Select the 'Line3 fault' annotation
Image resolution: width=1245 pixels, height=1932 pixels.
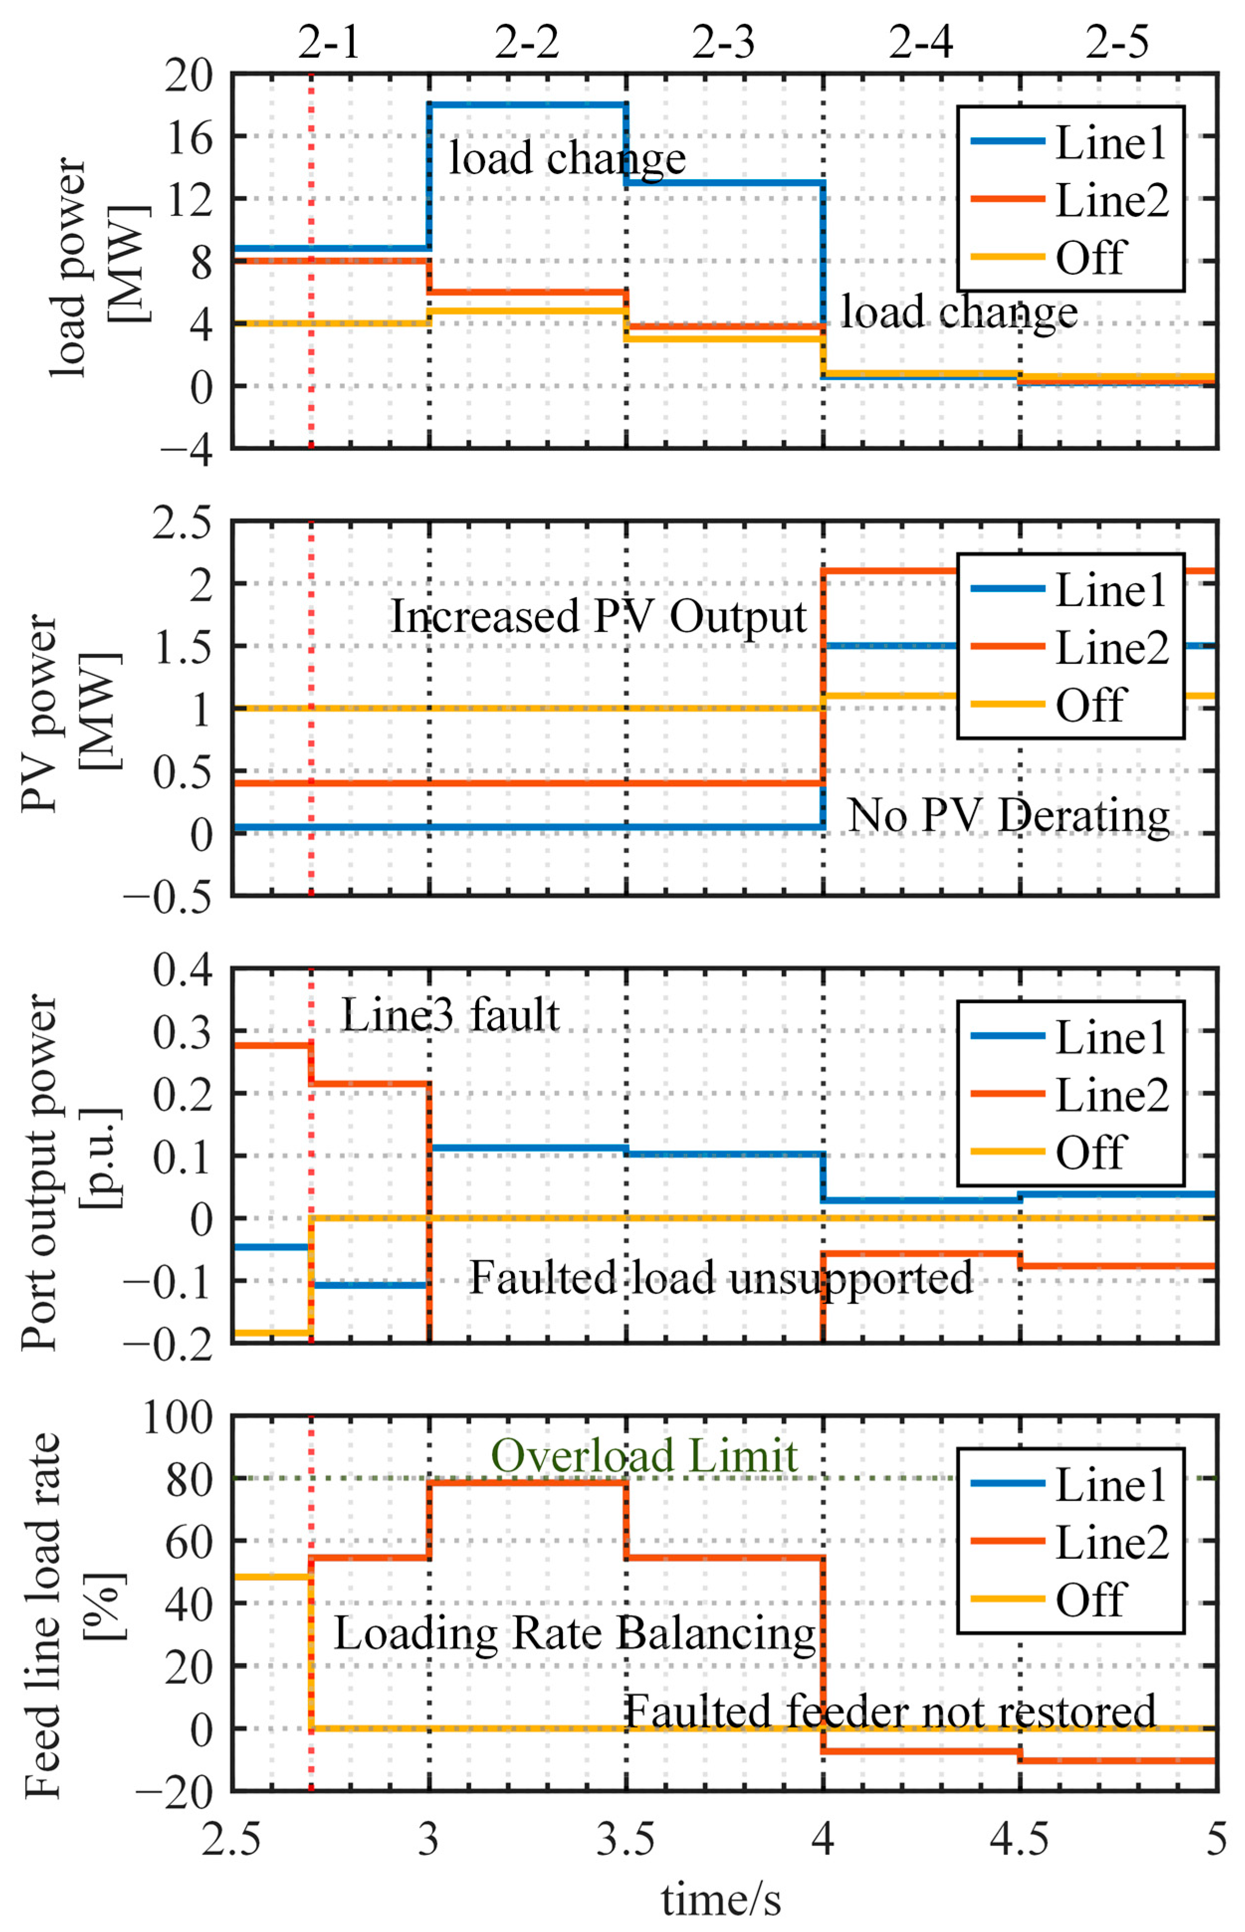(450, 1016)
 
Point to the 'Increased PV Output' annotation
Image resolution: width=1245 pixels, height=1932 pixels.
(598, 617)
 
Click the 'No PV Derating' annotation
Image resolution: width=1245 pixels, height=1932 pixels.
(1008, 815)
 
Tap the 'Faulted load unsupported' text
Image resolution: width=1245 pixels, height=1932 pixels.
(721, 1278)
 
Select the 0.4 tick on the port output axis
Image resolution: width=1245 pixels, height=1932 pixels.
(183, 969)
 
